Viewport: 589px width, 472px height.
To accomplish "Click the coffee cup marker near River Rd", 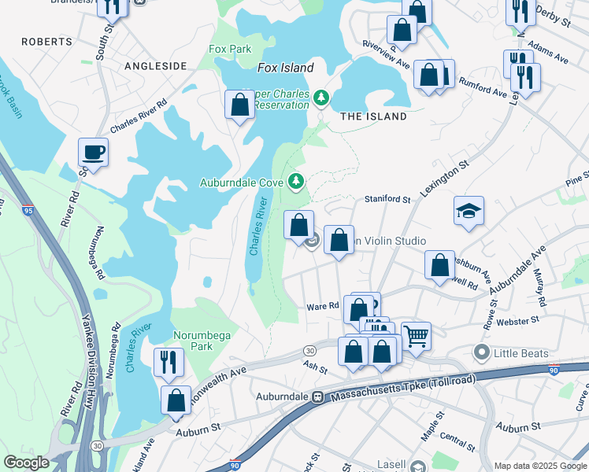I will [x=93, y=152].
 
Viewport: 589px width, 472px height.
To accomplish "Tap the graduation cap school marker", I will [x=469, y=210].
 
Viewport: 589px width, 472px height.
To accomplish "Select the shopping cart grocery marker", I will [x=416, y=336].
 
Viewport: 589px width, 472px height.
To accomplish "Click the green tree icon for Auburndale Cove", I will [x=296, y=183].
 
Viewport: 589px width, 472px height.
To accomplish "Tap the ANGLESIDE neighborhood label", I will [x=155, y=66].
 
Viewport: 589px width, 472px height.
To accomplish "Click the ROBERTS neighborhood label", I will [x=46, y=41].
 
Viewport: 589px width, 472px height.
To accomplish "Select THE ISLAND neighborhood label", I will [x=373, y=116].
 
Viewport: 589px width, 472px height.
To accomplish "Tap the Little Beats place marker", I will [x=482, y=353].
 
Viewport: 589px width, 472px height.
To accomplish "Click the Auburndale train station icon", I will [x=318, y=397].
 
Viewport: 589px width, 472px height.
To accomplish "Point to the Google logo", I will [x=26, y=463].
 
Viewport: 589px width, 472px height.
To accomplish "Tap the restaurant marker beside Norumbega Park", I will [x=169, y=361].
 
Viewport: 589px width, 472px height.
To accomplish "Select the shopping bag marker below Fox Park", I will [x=239, y=104].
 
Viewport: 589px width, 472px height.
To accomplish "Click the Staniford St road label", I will [x=387, y=200].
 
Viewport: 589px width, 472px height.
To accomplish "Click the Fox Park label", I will [x=230, y=49].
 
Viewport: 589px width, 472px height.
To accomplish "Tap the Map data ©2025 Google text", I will [x=539, y=465].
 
